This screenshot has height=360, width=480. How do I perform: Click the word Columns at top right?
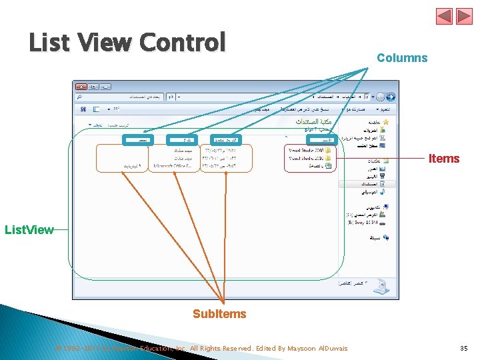pyautogui.click(x=402, y=58)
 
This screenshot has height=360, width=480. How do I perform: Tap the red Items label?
pyautogui.click(x=444, y=159)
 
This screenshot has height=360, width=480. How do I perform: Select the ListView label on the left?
pyautogui.click(x=29, y=230)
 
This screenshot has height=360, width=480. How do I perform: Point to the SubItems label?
pyautogui.click(x=219, y=314)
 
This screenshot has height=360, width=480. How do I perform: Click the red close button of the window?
pyautogui.click(x=81, y=86)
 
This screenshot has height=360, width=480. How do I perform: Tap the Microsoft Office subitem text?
pyautogui.click(x=173, y=165)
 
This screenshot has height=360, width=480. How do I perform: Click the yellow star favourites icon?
pyautogui.click(x=385, y=123)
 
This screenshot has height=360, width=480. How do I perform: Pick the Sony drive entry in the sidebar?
pyautogui.click(x=365, y=225)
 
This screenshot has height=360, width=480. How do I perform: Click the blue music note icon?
pyautogui.click(x=383, y=191)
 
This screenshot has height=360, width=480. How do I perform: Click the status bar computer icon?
pyautogui.click(x=379, y=286)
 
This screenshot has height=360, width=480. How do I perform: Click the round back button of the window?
pyautogui.click(x=390, y=96)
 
